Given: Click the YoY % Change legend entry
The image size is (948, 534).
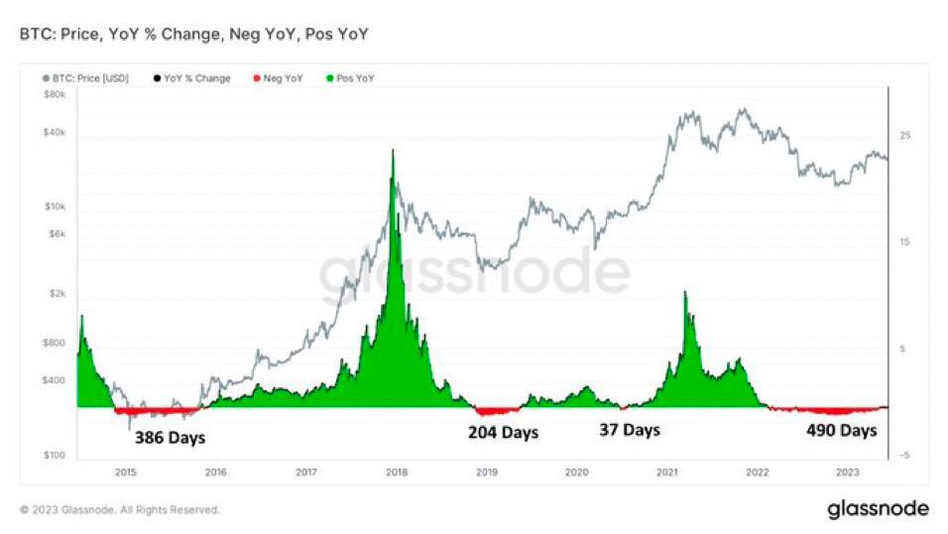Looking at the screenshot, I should pos(192,78).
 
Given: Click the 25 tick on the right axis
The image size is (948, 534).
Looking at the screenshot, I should pos(904,135).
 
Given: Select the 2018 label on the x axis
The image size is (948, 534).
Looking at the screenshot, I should pos(396,473).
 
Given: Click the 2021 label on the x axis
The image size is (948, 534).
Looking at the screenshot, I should pos(667,473).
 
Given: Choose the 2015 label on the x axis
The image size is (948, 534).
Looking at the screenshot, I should pos(125,473).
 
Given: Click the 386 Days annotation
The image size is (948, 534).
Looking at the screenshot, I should pos(170,436).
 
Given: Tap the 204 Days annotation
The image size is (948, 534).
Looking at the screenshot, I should pos(503,433).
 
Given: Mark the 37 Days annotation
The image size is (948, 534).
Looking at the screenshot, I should pos(629,430).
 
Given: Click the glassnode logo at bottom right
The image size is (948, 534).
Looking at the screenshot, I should pos(878,509).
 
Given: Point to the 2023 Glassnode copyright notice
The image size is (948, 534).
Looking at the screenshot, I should pos(120,510).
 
